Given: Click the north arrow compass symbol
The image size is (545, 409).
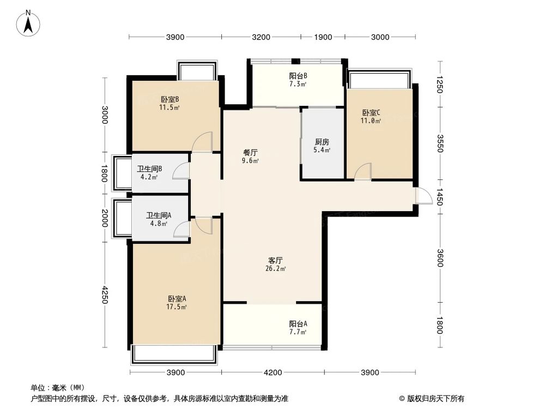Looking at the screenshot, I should pos(29,23).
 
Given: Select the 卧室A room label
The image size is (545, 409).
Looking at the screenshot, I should pos(177,298).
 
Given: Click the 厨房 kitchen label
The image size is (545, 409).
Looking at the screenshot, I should pos(322,142).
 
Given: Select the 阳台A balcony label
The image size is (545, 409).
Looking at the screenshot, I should pos(298,323).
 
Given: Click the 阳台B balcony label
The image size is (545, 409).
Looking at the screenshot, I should pos(298,76).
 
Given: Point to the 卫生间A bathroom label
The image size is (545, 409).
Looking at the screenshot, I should pos(159,215).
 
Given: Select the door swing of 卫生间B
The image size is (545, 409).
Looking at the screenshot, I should pos(180,171).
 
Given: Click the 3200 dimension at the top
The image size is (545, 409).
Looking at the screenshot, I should pos(261,37).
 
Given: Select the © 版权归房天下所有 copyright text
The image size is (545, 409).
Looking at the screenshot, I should pos(432,398).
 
